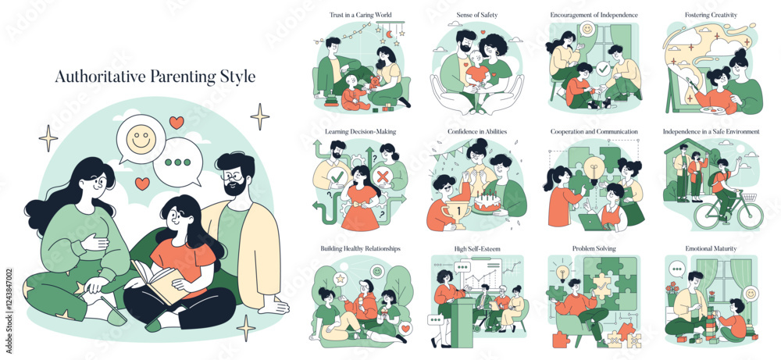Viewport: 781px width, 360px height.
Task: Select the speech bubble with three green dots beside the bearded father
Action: pyautogui.click(x=178, y=162)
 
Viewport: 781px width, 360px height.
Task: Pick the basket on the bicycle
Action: pyautogui.click(x=750, y=198)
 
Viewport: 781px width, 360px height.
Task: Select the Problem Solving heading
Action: pyautogui.click(x=594, y=248)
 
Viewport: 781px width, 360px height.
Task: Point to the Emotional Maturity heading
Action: pyautogui.click(x=711, y=248)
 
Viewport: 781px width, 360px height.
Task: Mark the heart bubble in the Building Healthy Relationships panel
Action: pyautogui.click(x=405, y=329)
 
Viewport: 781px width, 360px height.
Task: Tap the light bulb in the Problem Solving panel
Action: pyautogui.click(x=563, y=273)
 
